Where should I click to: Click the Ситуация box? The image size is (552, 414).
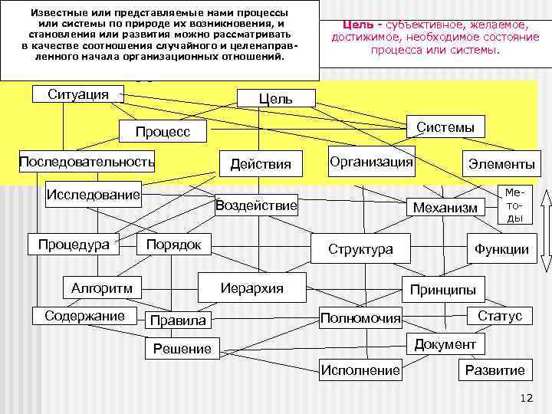pyautogui.click(x=78, y=95)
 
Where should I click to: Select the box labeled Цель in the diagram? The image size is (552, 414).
pyautogui.click(x=276, y=99)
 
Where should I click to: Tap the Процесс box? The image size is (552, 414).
pyautogui.click(x=163, y=132)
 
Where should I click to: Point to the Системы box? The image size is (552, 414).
pyautogui.click(x=445, y=127)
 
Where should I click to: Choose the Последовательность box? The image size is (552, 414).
pyautogui.click(x=87, y=162)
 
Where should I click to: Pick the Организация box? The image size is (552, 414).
pyautogui.click(x=371, y=162)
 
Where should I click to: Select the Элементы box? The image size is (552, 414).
pyautogui.click(x=498, y=164)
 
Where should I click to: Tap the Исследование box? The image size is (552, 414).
pyautogui.click(x=94, y=194)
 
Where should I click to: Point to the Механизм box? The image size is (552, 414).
pyautogui.click(x=445, y=207)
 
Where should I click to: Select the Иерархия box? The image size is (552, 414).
pyautogui.click(x=251, y=288)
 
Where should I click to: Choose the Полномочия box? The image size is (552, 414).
pyautogui.click(x=360, y=317)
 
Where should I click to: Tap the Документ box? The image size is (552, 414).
pyautogui.click(x=445, y=344)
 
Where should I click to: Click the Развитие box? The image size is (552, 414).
pyautogui.click(x=495, y=370)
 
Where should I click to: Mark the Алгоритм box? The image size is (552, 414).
pyautogui.click(x=102, y=288)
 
